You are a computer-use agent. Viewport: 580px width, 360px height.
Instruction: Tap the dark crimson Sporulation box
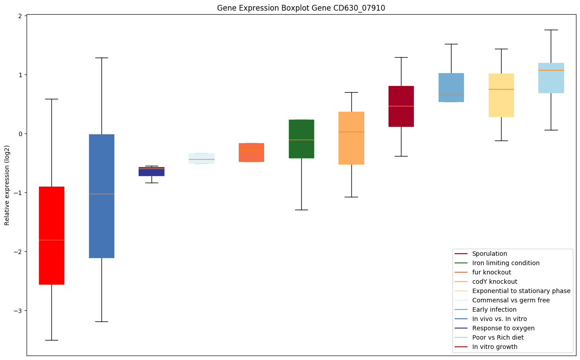[401, 106]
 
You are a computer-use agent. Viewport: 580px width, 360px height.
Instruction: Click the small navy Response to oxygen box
[152, 172]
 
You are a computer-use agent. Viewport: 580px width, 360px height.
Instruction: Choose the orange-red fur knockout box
[251, 153]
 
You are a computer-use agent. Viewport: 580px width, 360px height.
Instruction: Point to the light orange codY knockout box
[351, 138]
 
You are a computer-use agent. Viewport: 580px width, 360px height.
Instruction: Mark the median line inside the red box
[51, 240]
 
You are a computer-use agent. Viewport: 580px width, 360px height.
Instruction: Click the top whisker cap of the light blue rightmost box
[551, 30]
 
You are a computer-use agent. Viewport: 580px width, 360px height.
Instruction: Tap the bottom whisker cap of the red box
[51, 340]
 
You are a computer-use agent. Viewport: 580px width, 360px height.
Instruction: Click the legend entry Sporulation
[489, 254]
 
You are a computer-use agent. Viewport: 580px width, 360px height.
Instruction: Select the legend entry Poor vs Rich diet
[498, 337]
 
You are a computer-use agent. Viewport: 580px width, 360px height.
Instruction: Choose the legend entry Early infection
[494, 309]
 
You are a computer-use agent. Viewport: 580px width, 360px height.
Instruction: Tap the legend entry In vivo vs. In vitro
[499, 319]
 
